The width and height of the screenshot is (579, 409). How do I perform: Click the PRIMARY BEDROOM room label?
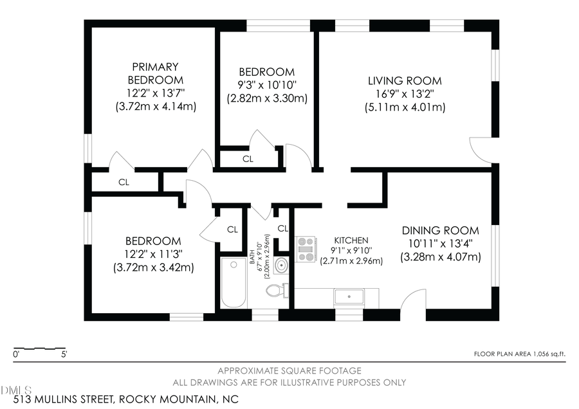(155, 73)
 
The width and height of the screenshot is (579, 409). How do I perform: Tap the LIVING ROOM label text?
(405, 81)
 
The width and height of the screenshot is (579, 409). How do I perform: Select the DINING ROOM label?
(440, 230)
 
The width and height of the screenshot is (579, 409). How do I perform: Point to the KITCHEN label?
(351, 240)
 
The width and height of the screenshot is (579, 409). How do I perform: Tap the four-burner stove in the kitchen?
(306, 249)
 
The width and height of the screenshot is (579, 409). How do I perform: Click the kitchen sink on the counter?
(349, 297)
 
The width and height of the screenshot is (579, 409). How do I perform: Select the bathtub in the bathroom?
(232, 283)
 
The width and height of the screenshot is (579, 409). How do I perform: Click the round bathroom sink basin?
(280, 264)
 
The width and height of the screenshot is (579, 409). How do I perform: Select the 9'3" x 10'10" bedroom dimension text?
(266, 86)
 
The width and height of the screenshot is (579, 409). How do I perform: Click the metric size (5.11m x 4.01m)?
(405, 107)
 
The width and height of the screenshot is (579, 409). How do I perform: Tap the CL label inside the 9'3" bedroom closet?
(248, 158)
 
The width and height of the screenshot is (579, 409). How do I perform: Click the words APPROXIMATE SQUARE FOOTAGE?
(289, 370)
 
